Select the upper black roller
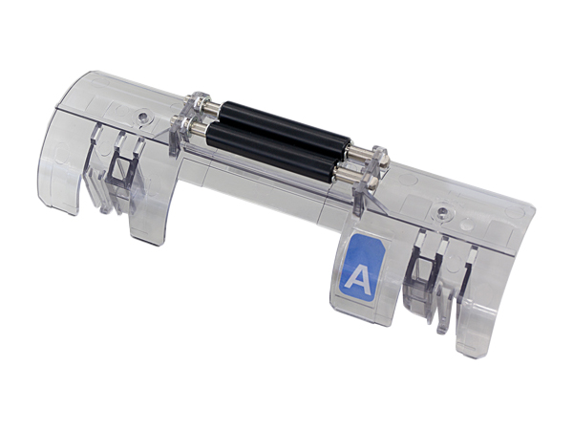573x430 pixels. pos(285,127)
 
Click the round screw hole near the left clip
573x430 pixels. pos(143,117)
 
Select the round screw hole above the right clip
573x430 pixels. pos(442,211)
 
